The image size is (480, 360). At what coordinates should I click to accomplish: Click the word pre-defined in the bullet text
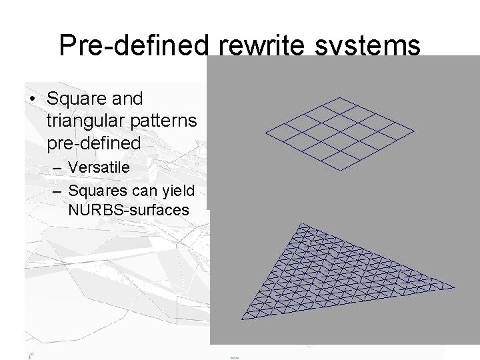point(94,143)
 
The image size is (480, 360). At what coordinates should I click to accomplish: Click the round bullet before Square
point(33,99)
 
